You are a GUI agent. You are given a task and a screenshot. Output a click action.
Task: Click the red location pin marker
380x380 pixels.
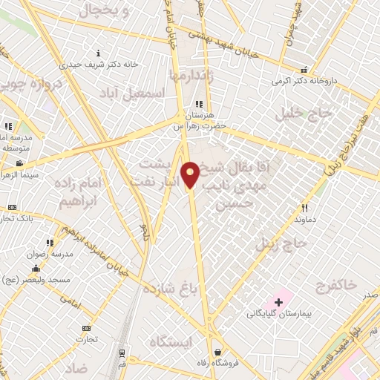point(190,174)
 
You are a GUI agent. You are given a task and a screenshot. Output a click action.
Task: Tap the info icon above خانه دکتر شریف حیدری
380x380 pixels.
point(99,53)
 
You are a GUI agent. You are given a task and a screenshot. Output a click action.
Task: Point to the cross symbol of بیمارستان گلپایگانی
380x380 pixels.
point(278,302)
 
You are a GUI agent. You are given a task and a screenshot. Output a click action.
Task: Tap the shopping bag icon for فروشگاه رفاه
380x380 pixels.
point(216,353)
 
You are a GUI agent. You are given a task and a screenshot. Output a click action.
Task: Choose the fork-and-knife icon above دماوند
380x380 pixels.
point(305,209)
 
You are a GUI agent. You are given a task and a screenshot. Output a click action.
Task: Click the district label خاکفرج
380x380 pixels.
point(335,285)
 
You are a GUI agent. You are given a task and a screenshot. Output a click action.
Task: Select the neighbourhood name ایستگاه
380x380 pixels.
point(172,342)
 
